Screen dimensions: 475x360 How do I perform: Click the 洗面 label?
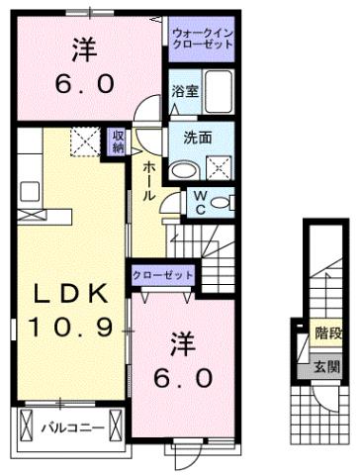pos(198,138)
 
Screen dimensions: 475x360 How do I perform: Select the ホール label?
pos(146,182)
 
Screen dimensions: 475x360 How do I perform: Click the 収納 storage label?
pos(118,142)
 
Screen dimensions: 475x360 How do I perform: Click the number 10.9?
pos(69,326)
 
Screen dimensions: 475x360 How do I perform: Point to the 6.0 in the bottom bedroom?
pos(183,377)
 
